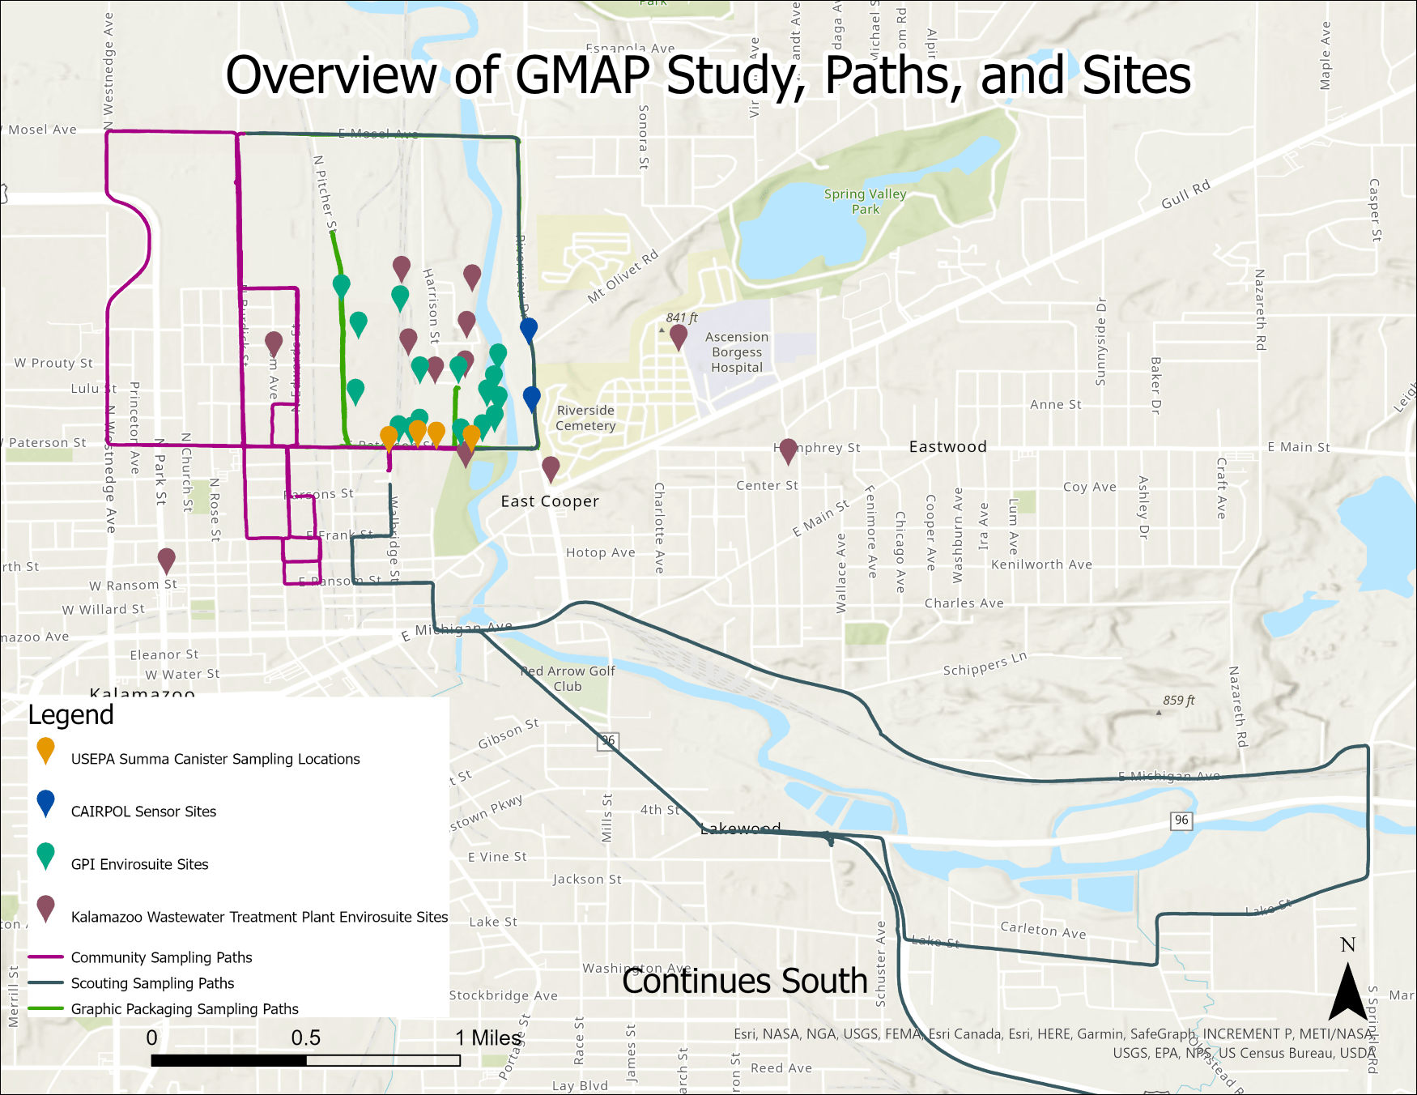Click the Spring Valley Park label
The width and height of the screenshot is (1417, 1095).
(865, 201)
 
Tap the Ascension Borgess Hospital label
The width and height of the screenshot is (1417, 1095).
(737, 352)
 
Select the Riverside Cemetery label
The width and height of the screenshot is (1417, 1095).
(585, 418)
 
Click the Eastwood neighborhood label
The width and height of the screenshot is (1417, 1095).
(947, 447)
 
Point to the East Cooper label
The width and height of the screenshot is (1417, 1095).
(550, 501)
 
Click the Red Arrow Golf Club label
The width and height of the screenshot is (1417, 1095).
(568, 679)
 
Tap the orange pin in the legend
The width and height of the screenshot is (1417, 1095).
(46, 750)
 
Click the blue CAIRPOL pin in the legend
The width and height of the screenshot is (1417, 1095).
(46, 803)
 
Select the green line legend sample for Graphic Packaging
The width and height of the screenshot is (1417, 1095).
(45, 1009)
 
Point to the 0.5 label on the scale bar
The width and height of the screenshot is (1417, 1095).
(306, 1038)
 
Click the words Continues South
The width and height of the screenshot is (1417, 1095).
(744, 982)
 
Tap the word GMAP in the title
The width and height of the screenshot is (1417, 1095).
(582, 75)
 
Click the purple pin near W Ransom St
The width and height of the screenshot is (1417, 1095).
(167, 560)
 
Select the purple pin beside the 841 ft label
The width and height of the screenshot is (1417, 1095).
(679, 336)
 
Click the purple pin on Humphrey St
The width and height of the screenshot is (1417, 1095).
(788, 450)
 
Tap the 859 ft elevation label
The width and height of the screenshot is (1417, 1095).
(1178, 701)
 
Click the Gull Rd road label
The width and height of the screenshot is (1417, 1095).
(1185, 194)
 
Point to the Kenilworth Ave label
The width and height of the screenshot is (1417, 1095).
(1041, 565)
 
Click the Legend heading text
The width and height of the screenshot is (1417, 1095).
(71, 715)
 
